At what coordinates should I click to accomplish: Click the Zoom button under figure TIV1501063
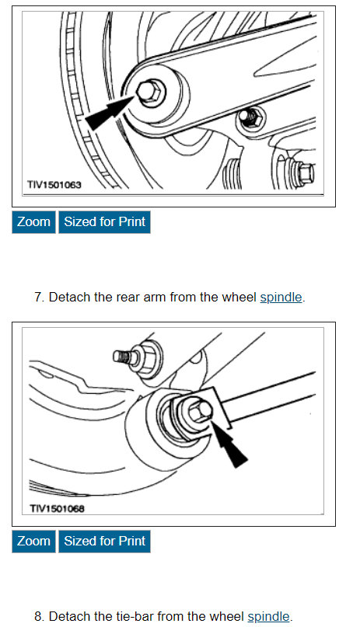33,222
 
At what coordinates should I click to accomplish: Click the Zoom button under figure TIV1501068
33,542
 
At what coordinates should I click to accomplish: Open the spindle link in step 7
281,298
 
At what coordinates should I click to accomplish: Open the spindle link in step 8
268,617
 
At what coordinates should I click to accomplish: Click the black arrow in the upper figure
110,113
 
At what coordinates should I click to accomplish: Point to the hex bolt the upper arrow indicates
150,92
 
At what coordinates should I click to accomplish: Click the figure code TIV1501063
54,185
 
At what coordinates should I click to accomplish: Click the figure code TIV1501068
57,509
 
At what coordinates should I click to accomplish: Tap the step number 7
38,298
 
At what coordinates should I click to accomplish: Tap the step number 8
38,617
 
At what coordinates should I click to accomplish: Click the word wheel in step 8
228,617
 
